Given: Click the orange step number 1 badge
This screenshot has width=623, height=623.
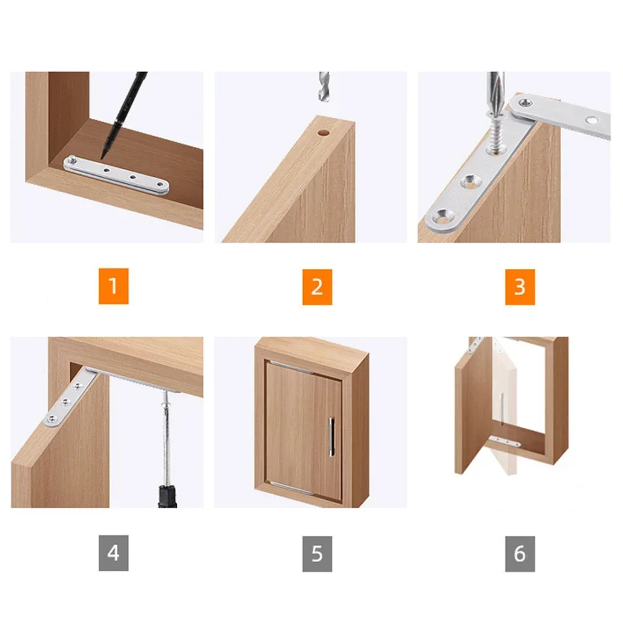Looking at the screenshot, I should click(x=113, y=286).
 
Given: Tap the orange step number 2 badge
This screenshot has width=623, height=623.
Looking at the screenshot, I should click(x=317, y=286).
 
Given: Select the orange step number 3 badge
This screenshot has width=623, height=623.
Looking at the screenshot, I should click(x=520, y=286).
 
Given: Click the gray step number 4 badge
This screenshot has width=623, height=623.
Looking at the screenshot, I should click(x=113, y=553).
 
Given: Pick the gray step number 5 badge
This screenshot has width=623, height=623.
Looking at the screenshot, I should click(x=317, y=553).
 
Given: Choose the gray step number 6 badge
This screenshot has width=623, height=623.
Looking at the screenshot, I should click(x=520, y=553).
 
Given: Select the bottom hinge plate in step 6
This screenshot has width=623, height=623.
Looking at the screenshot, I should click(x=505, y=442).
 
